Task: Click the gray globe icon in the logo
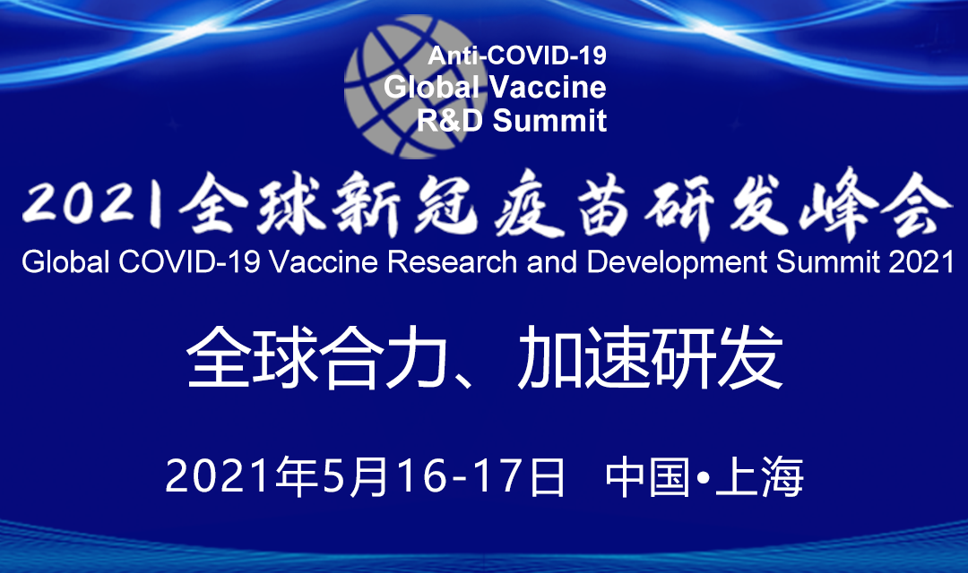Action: (411, 86)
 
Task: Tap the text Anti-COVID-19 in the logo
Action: (517, 56)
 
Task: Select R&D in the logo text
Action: (449, 120)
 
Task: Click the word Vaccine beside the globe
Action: (548, 87)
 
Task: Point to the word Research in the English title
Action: (452, 262)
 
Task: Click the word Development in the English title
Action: (677, 263)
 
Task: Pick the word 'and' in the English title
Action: (551, 262)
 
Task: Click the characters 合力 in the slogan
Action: (384, 358)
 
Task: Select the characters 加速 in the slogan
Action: (584, 358)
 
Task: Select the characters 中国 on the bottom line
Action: (648, 477)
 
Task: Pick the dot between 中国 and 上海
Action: (704, 477)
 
